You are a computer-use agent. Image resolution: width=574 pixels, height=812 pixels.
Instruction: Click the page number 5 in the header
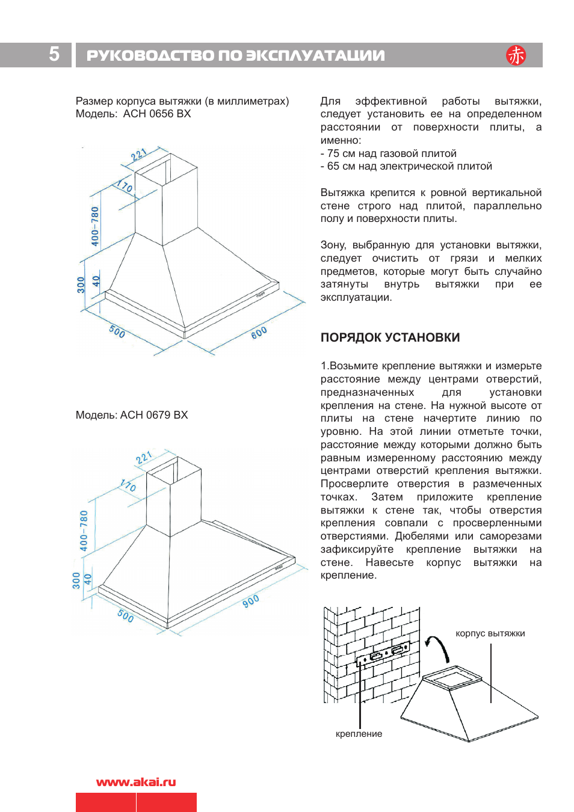pyautogui.click(x=54, y=54)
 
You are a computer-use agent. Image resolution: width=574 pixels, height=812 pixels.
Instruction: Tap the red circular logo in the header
pyautogui.click(x=516, y=55)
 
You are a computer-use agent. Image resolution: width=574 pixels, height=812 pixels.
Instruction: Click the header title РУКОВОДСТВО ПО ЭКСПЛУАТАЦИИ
pyautogui.click(x=235, y=55)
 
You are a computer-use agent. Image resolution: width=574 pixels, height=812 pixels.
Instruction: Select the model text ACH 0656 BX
pyautogui.click(x=156, y=114)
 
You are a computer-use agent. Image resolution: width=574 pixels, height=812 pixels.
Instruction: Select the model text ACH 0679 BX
pyautogui.click(x=154, y=415)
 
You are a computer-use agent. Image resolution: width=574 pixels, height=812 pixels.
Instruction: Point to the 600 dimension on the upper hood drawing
pyautogui.click(x=259, y=333)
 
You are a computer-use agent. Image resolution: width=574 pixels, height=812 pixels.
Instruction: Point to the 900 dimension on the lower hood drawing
pyautogui.click(x=251, y=600)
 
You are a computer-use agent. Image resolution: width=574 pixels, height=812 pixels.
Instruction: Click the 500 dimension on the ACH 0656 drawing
pyautogui.click(x=117, y=331)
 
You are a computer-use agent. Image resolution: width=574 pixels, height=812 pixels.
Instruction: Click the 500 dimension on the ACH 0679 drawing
pyautogui.click(x=125, y=615)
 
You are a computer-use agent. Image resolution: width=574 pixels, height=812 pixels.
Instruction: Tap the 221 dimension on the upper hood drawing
pyautogui.click(x=139, y=155)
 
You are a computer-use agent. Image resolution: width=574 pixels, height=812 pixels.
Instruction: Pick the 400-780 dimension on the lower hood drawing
pyautogui.click(x=84, y=531)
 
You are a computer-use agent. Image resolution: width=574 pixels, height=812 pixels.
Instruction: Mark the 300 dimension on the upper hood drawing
pyautogui.click(x=81, y=285)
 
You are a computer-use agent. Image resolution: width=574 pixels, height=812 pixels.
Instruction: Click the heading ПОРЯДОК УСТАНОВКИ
pyautogui.click(x=390, y=337)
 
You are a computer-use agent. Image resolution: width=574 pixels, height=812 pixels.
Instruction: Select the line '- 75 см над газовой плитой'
pyautogui.click(x=388, y=153)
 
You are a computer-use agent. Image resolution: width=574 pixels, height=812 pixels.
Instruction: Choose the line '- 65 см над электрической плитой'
pyautogui.click(x=406, y=166)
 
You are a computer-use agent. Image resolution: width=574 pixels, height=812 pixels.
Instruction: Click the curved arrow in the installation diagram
pyautogui.click(x=437, y=647)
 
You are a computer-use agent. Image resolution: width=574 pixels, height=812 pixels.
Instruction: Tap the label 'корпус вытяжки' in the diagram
pyautogui.click(x=490, y=633)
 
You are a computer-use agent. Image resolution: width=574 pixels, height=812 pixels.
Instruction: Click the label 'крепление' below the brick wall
pyautogui.click(x=359, y=734)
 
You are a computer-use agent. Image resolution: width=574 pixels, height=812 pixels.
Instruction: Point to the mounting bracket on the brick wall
pyautogui.click(x=384, y=654)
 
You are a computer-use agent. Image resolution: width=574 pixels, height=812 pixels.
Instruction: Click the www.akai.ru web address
pyautogui.click(x=136, y=782)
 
